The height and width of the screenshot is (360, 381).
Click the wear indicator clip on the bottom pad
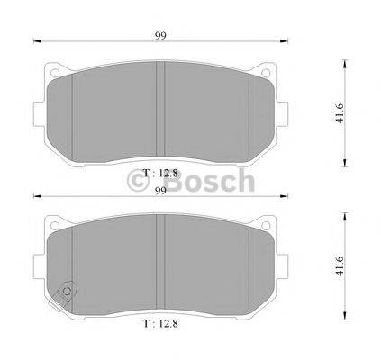(x=66, y=295)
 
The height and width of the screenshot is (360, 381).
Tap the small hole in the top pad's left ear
(x=55, y=73)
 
